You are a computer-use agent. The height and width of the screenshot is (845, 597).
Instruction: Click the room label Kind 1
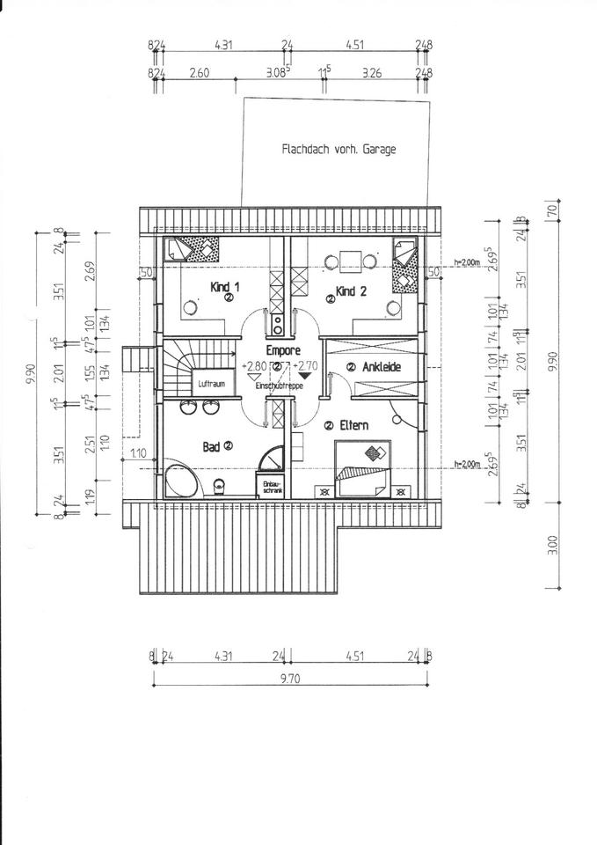tap(224, 287)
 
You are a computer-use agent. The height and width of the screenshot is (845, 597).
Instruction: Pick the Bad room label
tap(211, 447)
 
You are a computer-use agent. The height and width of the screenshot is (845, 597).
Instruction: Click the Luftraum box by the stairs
tap(213, 384)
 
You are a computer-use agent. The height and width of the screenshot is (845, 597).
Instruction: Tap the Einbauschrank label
tap(269, 487)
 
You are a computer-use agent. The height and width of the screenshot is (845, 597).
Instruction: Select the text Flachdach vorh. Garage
tap(339, 149)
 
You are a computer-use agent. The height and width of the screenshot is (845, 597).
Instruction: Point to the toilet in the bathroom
tap(220, 486)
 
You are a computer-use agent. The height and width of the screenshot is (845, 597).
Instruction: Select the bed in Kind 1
tap(195, 250)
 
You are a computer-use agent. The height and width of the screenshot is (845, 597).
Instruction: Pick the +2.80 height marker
tap(256, 365)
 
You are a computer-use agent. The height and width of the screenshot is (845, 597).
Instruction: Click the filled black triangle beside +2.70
tap(305, 377)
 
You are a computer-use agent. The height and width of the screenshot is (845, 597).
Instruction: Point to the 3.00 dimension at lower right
tap(553, 545)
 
